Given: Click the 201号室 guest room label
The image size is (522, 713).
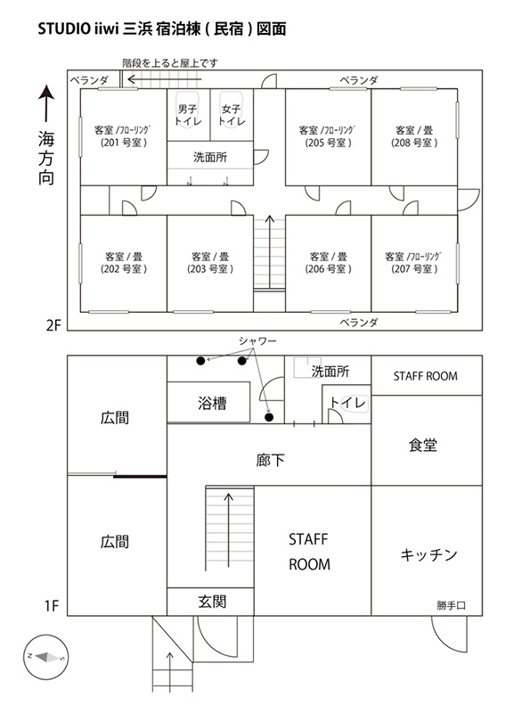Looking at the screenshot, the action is point(124,136).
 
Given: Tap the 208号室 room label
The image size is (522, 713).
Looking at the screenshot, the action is point(414,136).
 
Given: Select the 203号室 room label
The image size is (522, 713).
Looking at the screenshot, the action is point(210,263).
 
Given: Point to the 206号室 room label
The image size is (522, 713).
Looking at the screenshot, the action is point(328,263).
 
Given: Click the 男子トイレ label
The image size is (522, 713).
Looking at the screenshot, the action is point(188,115).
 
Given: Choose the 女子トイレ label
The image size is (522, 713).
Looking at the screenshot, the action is point(232,115).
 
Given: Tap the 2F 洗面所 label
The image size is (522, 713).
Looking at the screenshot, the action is point(210,158).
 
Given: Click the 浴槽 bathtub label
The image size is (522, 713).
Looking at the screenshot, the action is point(212,403).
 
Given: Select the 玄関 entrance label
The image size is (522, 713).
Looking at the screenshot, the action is point(212,602).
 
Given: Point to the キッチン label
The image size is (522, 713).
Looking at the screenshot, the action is point(428,554).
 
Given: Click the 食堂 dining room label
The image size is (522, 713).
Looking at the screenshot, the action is point(422,445).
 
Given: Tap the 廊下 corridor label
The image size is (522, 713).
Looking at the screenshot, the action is point(270,460).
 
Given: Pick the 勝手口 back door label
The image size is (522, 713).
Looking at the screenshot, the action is point(451,605).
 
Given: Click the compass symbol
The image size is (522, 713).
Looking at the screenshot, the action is point(46,657).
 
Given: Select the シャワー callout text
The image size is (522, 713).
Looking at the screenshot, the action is point(257,340).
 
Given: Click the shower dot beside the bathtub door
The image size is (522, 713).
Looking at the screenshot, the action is point(269,417).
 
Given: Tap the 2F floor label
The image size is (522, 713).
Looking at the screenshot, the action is point(53,325).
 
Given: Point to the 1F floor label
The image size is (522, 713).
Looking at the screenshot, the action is point(52,606).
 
